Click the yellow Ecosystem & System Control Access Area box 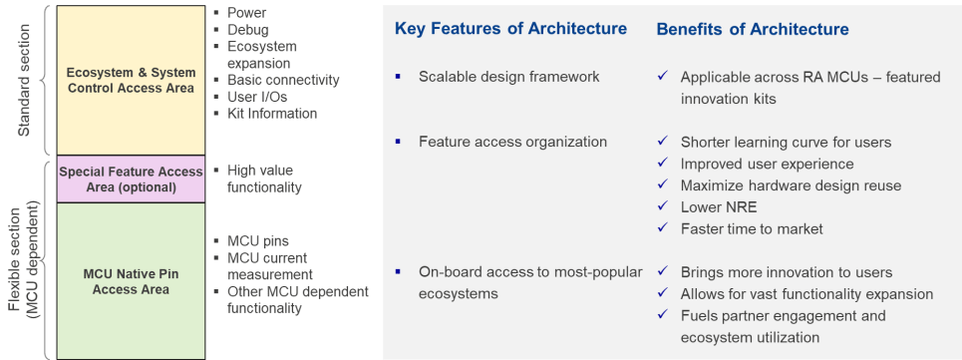[x=131, y=80]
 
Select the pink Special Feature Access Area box [x=131, y=180]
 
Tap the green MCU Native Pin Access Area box [x=131, y=281]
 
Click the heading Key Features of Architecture [x=510, y=29]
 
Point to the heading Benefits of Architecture [x=753, y=29]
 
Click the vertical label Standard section [x=23, y=80]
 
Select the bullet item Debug [x=248, y=30]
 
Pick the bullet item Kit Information [x=272, y=114]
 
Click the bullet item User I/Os [x=257, y=97]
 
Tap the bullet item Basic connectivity [x=283, y=80]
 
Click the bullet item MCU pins [x=257, y=241]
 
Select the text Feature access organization [x=512, y=142]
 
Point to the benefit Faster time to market [x=752, y=228]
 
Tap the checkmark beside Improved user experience [x=662, y=163]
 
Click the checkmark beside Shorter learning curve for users [x=662, y=141]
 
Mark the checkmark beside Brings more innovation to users [x=662, y=270]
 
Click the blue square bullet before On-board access [x=398, y=271]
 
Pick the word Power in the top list [x=246, y=12]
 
